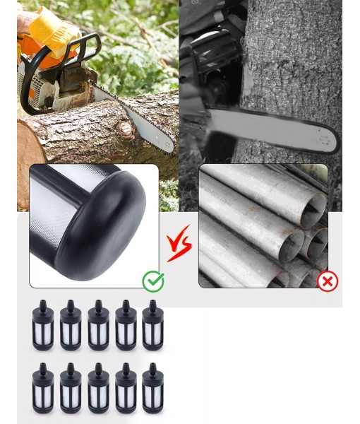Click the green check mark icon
pos(153,281)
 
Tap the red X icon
pos(328,281)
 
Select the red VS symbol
pos(179,244)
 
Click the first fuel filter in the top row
pos(43,325)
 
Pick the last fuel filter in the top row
pos(153,325)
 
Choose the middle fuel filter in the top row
pos(98,325)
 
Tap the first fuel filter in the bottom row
pos(43,388)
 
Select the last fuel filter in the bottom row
pos(153,388)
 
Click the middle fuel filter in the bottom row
pos(98,388)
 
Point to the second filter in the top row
pos(71,325)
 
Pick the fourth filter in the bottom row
pos(126,388)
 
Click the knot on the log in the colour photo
pos(125,129)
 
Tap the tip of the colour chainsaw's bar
pos(172,148)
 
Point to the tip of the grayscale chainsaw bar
pos(337,142)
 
